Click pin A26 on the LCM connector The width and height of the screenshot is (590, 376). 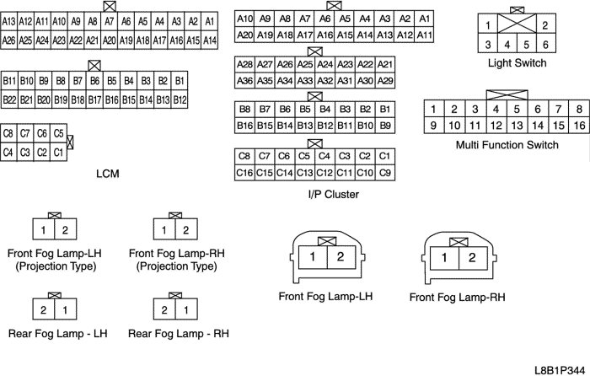click(x=9, y=40)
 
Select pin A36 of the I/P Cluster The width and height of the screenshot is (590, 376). click(x=244, y=80)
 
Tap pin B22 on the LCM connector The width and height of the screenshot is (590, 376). click(x=10, y=99)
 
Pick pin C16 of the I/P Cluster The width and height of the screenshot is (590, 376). click(x=244, y=173)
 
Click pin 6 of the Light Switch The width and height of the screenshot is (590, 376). click(x=544, y=45)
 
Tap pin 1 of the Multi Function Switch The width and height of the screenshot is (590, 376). click(x=432, y=109)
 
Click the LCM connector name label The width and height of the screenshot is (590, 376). click(x=108, y=174)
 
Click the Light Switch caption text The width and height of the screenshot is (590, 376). click(x=517, y=63)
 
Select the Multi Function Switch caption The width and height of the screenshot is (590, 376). click(x=507, y=145)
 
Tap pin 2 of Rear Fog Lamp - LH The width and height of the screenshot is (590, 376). click(x=44, y=310)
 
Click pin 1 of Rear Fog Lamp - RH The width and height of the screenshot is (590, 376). click(x=186, y=310)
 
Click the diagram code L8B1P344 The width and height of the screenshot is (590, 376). click(x=558, y=369)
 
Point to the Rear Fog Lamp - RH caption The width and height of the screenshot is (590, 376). click(x=179, y=334)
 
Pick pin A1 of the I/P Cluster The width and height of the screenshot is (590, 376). click(x=424, y=19)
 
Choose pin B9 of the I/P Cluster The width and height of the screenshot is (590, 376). click(x=385, y=126)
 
